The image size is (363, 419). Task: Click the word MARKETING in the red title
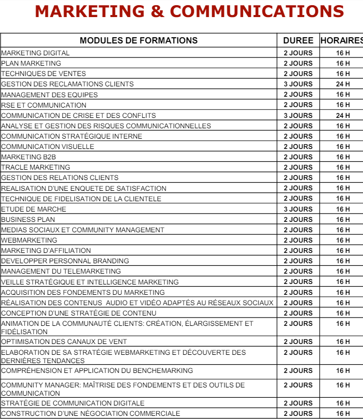98,11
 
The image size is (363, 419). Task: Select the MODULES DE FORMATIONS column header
138,40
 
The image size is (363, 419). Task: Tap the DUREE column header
298,40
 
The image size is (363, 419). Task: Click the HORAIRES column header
341,40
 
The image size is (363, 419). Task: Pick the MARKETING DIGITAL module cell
35,53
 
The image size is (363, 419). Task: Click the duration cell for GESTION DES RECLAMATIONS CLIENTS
298,84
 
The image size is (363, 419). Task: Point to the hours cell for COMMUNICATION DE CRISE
343,115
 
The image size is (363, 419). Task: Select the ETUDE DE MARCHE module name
34,209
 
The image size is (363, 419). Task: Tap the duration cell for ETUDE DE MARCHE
298,209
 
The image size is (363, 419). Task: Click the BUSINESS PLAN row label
28,219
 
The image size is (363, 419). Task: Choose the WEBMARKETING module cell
29,240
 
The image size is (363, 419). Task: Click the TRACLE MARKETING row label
36,167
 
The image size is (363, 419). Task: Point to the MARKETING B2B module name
28,157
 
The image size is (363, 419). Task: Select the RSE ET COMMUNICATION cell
43,105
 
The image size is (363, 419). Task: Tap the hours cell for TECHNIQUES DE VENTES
343,73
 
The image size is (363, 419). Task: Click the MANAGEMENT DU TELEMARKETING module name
61,271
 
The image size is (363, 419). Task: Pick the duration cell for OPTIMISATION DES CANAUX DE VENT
298,341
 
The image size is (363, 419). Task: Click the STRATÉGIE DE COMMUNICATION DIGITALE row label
73,403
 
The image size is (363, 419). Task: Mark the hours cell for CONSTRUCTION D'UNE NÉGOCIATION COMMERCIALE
343,413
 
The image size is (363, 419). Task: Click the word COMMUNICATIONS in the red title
256,11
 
